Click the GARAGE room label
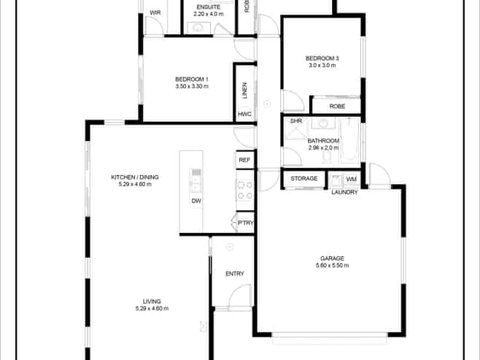331,258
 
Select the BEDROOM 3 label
322,58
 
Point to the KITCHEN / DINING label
134,177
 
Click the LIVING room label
152,301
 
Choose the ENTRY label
235,274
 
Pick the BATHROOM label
323,140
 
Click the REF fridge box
244,160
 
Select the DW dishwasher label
196,201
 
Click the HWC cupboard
244,115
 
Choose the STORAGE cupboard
304,179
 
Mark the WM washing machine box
351,179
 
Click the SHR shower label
296,121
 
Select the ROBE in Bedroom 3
336,107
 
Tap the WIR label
155,13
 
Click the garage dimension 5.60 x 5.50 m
331,266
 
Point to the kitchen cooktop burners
244,190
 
